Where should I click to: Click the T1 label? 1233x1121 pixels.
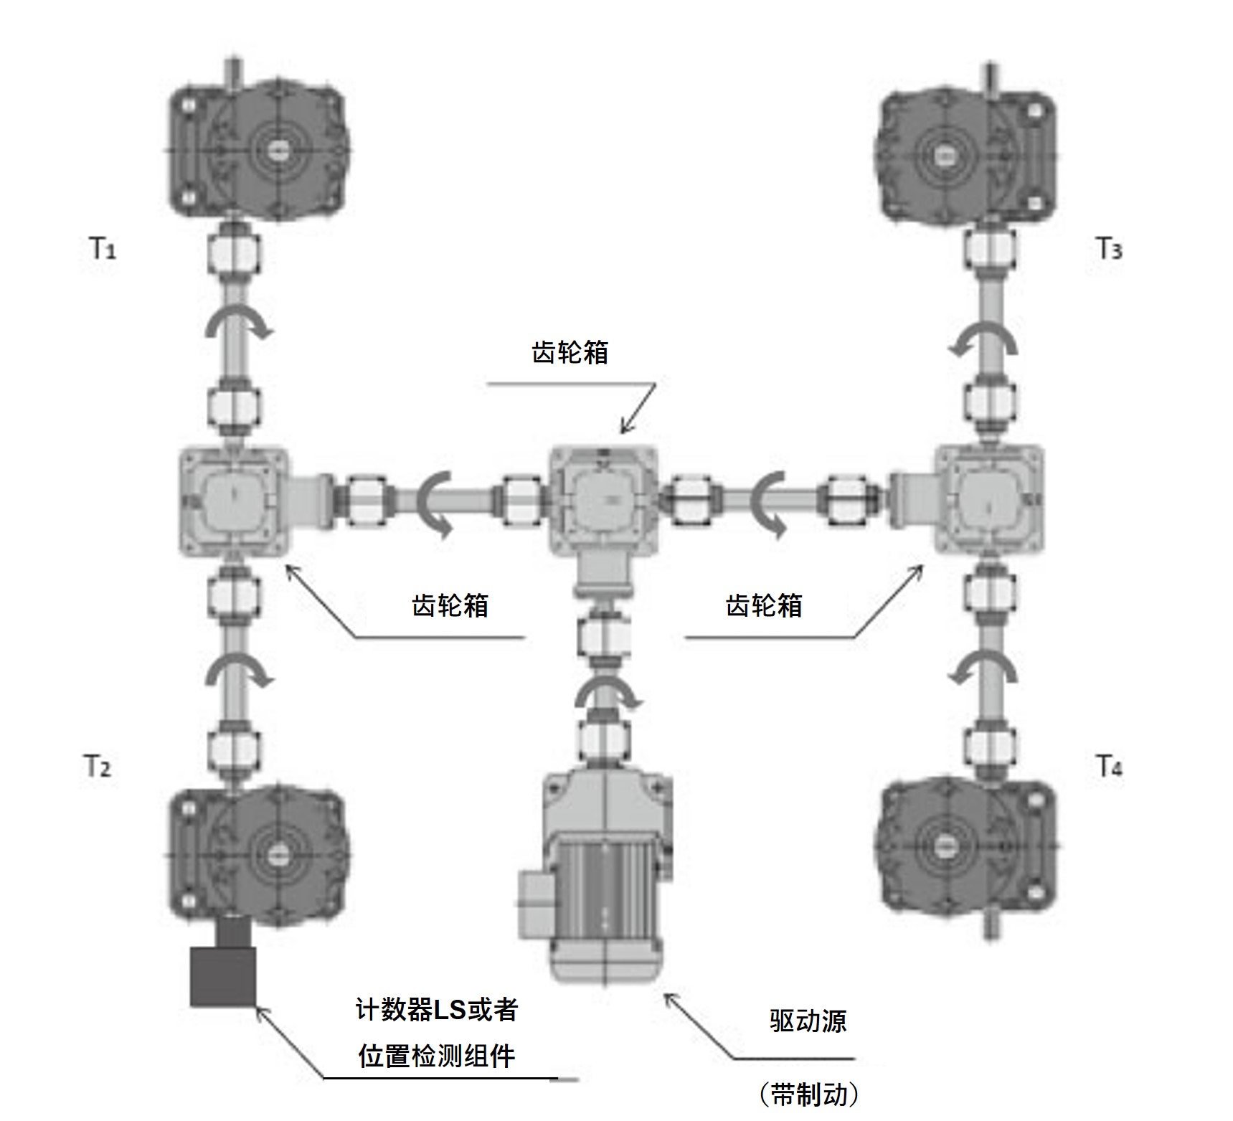coord(103,249)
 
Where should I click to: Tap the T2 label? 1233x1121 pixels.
coord(98,767)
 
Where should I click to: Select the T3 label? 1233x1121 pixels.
coord(1109,249)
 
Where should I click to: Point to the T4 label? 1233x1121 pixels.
coord(1109,767)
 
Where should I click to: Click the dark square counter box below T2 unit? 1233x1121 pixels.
coord(223,976)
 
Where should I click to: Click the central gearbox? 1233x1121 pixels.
coord(603,500)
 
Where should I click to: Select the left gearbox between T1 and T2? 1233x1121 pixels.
coord(233,501)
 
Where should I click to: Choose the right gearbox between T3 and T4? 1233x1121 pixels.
coord(988,499)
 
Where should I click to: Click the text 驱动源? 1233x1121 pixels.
coord(808,1021)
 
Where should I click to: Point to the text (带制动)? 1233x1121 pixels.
coord(808,1094)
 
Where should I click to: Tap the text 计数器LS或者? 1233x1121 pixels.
coord(437,1010)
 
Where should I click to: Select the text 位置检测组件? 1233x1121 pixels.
coord(437,1056)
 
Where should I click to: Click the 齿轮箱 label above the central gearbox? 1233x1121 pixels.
coord(570,352)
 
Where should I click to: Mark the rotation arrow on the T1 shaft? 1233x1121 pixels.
coord(238,326)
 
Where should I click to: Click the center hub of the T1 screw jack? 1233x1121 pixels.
coord(278,150)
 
